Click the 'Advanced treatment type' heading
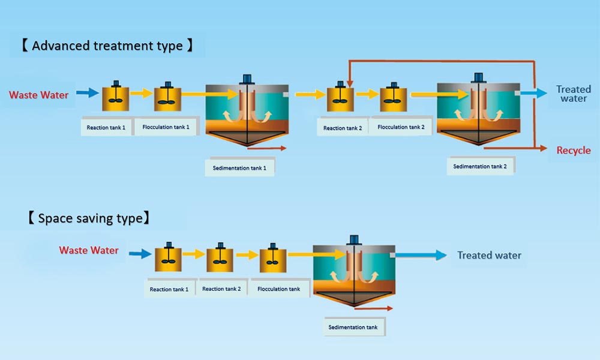[x=107, y=46]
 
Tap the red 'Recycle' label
[x=573, y=151]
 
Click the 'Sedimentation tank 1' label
[x=239, y=168]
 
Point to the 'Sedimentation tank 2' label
[x=479, y=166]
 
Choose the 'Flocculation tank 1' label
[x=166, y=127]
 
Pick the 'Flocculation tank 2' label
[x=401, y=127]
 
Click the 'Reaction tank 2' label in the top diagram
[x=343, y=128]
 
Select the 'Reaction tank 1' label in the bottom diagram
[x=169, y=289]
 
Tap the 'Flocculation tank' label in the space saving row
[x=278, y=289]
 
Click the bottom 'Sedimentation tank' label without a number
[x=353, y=327]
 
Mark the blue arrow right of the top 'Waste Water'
[x=87, y=92]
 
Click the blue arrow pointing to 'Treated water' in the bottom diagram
[x=421, y=255]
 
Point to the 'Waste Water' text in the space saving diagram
[x=89, y=250]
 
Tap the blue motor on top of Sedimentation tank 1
[x=247, y=79]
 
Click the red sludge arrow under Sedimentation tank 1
[x=267, y=148]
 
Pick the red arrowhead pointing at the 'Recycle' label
[x=544, y=148]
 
